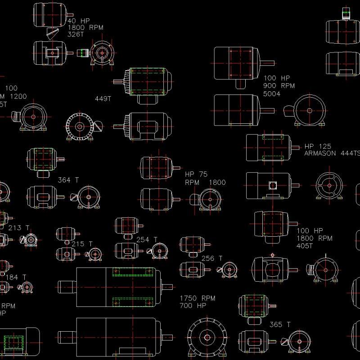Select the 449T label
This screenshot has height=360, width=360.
click(103, 99)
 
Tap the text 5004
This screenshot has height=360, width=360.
click(272, 94)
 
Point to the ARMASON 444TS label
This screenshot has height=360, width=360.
click(333, 153)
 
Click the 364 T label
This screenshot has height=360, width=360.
click(68, 180)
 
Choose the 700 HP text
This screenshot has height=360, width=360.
click(193, 306)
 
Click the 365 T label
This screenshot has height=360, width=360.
click(279, 324)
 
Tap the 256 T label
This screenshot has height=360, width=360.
click(211, 258)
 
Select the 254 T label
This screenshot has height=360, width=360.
click(147, 239)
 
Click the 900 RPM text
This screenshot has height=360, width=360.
click(279, 86)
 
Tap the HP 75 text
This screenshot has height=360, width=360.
click(197, 175)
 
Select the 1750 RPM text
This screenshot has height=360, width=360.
click(198, 298)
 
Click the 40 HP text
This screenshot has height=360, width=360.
click(78, 21)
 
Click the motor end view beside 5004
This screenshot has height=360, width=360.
click(309, 111)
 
